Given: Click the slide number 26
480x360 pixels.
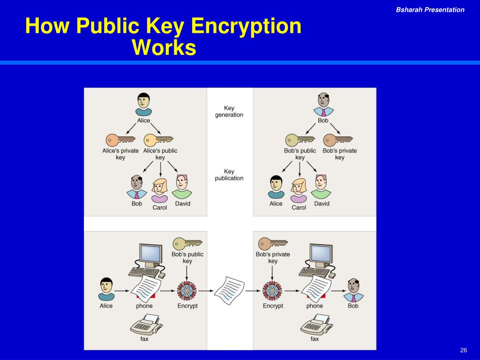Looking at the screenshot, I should coord(464,351).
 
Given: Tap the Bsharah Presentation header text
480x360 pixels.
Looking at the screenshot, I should coord(430,10).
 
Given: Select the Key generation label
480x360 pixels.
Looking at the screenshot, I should coord(229,112).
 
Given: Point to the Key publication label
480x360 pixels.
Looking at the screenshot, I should coord(229,175).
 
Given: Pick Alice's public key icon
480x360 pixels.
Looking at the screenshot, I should coord(158,140).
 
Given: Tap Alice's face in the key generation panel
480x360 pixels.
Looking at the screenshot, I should coord(143,101).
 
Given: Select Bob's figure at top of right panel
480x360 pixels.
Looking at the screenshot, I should coord(323,104).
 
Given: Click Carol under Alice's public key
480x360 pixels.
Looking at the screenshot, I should coord(159,190).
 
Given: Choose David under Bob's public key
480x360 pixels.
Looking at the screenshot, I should coord(322,187).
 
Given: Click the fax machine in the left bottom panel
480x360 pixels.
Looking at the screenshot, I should coord(146,324).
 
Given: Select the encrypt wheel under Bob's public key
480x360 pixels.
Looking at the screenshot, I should coord(187,290).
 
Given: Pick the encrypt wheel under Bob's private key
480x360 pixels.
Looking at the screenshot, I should coord(272,290).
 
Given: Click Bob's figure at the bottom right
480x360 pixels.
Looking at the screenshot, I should coord(353,290).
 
